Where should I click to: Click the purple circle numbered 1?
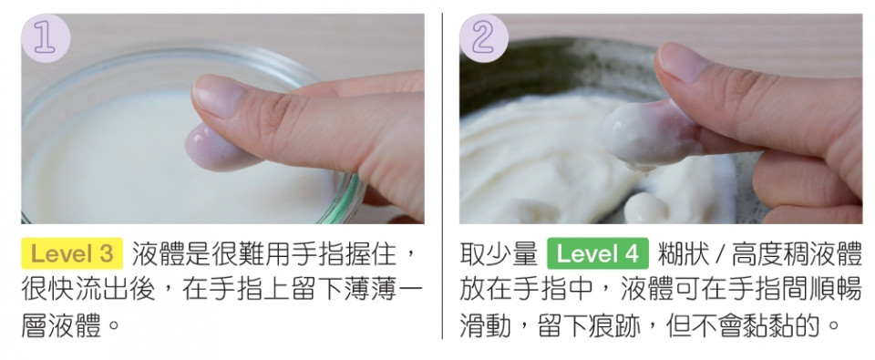(46, 38)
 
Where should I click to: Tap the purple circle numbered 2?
(484, 38)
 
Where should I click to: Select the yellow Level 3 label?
(72, 254)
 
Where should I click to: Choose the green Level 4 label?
(598, 254)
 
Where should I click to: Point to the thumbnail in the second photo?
(685, 62)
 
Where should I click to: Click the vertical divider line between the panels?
(442, 176)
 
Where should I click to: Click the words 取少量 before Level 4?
(499, 254)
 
